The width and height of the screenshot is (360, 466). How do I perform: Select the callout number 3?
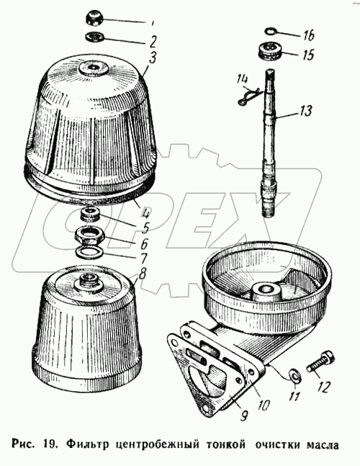click(152, 58)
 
